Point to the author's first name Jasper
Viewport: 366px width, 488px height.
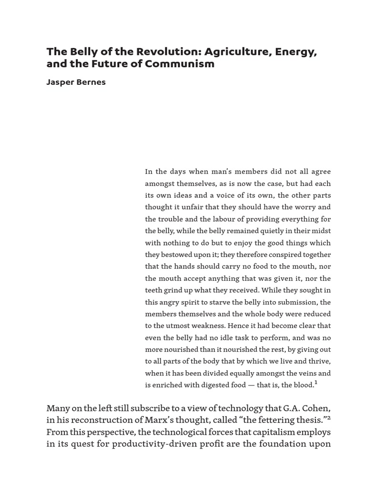(61, 82)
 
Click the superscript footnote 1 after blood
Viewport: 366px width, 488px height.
(315, 383)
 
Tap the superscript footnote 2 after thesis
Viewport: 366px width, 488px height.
(328, 417)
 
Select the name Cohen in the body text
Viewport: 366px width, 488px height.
(316, 408)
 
